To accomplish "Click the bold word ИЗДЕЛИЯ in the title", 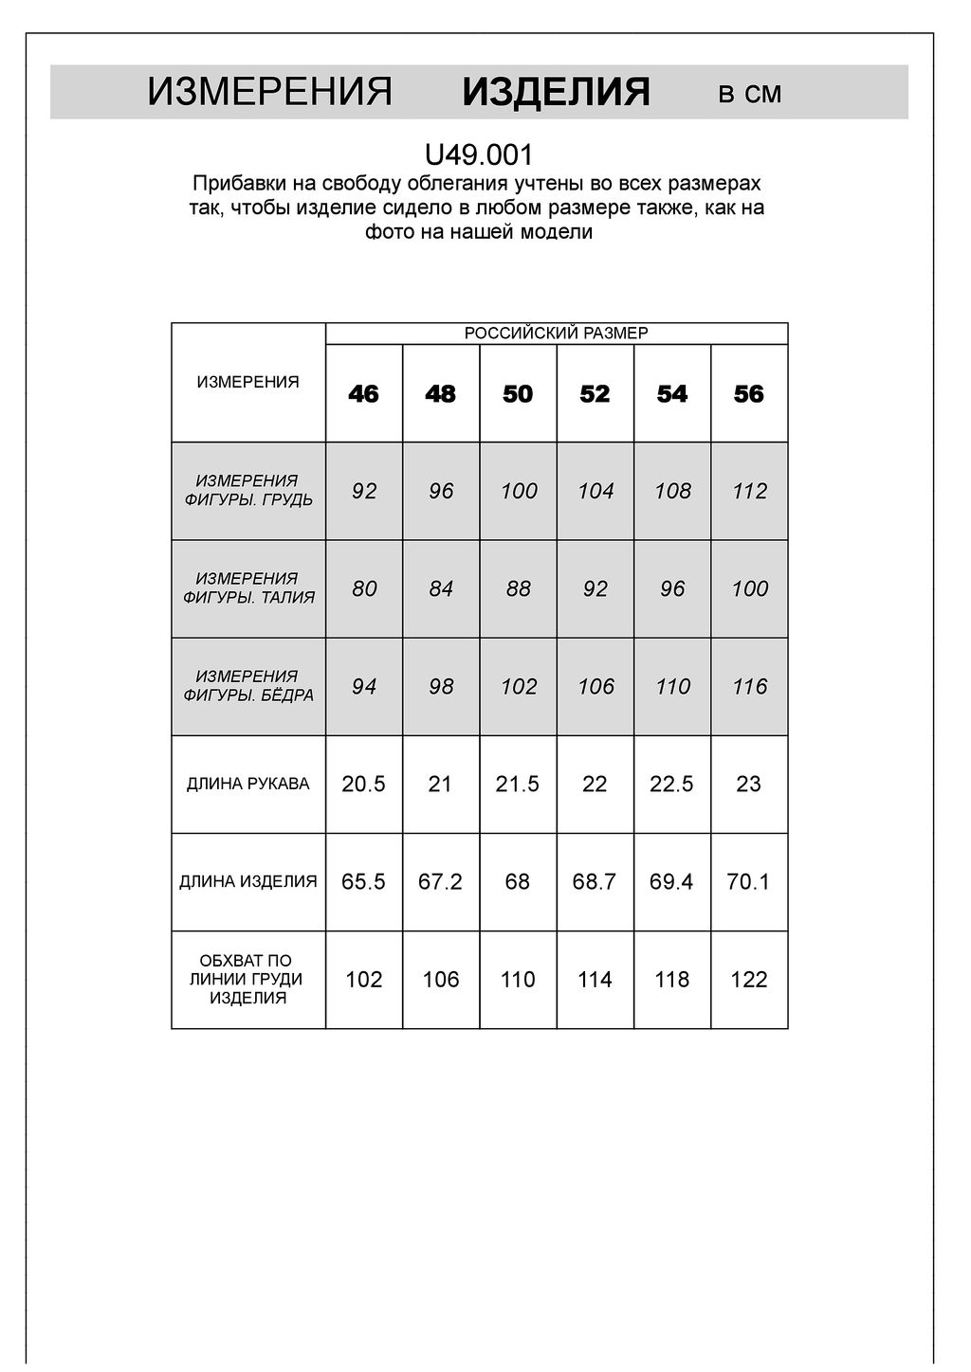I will pyautogui.click(x=556, y=93).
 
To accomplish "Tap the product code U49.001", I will pyautogui.click(x=479, y=154).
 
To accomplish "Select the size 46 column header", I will pyautogui.click(x=363, y=394).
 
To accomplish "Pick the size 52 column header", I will pyautogui.click(x=595, y=394).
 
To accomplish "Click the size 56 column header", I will pyautogui.click(x=749, y=394).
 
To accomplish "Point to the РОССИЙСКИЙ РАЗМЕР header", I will pyautogui.click(x=556, y=334).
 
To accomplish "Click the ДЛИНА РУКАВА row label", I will pyautogui.click(x=247, y=785).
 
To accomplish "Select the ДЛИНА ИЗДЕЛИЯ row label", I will pyautogui.click(x=247, y=882).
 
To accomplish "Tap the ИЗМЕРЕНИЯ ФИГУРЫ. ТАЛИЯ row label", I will pyautogui.click(x=247, y=588).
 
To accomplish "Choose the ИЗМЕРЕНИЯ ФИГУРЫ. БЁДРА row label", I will pyautogui.click(x=247, y=686).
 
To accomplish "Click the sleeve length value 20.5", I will pyautogui.click(x=363, y=785).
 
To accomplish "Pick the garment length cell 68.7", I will pyautogui.click(x=595, y=882).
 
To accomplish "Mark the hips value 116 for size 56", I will pyautogui.click(x=749, y=687).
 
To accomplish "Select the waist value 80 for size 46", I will pyautogui.click(x=363, y=589).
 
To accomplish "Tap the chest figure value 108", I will pyautogui.click(x=672, y=492).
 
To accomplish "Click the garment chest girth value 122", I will pyautogui.click(x=749, y=980).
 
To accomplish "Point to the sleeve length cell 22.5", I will pyautogui.click(x=672, y=785).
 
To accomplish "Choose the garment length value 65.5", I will pyautogui.click(x=363, y=882).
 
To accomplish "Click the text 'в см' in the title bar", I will pyautogui.click(x=750, y=94).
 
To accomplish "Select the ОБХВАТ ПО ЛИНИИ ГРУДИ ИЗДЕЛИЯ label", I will pyautogui.click(x=247, y=980).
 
